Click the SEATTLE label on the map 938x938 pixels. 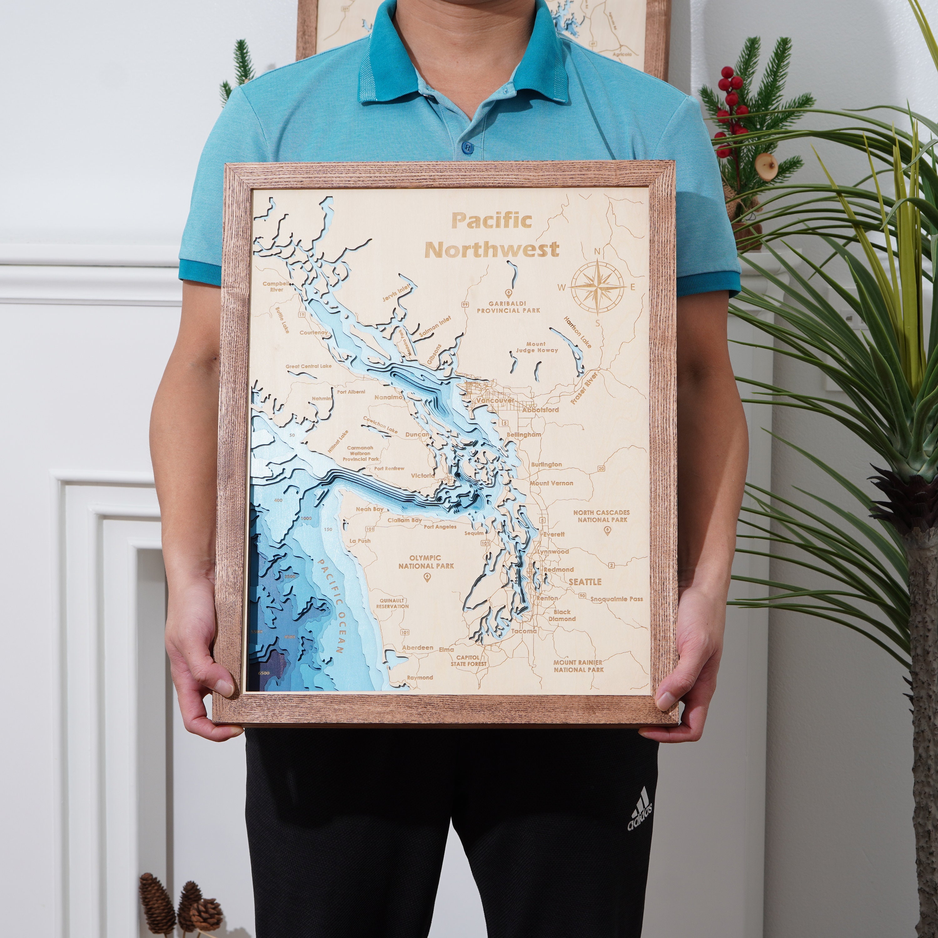[585, 582]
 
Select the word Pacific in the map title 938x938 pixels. [491, 221]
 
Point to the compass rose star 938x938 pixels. [597, 286]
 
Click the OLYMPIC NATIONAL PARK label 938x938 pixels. [426, 562]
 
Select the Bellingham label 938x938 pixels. [523, 435]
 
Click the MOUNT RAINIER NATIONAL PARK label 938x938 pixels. [578, 666]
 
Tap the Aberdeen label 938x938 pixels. [417, 648]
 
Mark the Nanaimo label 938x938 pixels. [388, 397]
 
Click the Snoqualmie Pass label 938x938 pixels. [617, 599]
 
